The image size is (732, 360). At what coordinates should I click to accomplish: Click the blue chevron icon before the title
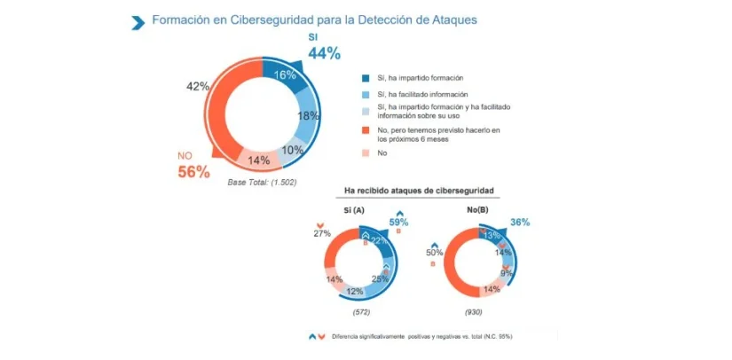[x=137, y=22]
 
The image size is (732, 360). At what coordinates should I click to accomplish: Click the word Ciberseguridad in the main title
[x=259, y=20]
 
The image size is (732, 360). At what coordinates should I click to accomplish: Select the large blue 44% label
[x=324, y=53]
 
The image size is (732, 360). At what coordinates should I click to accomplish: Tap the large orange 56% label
[x=193, y=172]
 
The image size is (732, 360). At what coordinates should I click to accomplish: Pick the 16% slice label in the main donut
[x=285, y=75]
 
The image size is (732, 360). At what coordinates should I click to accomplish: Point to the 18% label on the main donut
[x=307, y=116]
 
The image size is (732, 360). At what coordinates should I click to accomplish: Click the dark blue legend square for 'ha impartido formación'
[x=366, y=77]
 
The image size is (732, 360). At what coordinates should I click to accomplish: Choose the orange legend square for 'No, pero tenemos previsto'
[x=366, y=131]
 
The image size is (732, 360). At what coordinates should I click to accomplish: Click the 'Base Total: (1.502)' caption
[x=262, y=183]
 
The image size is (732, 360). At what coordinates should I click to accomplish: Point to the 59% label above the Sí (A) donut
[x=399, y=223]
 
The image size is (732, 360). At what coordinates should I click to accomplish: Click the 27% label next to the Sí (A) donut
[x=322, y=233]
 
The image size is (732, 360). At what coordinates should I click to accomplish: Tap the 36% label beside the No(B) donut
[x=518, y=222]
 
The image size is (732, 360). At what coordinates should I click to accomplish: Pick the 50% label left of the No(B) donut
[x=435, y=253]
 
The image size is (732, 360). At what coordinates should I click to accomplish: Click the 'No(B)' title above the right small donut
[x=475, y=210]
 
